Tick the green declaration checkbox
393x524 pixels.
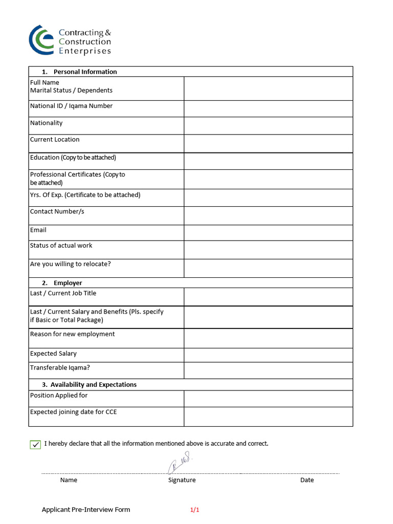click(x=35, y=444)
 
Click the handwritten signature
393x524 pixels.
click(x=179, y=464)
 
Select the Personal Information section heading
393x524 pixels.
click(x=85, y=72)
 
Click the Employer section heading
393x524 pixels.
click(x=68, y=283)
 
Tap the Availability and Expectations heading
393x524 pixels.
click(x=93, y=384)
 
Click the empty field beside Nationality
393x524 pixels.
click(x=268, y=125)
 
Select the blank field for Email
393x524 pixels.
click(x=268, y=233)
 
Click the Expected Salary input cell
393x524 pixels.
click(x=268, y=355)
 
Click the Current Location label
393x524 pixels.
click(x=55, y=139)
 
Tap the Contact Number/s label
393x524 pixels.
click(x=57, y=211)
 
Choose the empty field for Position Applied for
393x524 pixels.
click(x=268, y=399)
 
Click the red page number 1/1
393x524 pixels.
click(x=194, y=510)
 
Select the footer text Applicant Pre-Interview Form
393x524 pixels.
click(x=86, y=510)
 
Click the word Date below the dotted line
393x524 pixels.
click(x=307, y=480)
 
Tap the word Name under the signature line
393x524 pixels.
click(x=69, y=480)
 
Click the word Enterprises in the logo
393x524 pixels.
click(x=85, y=51)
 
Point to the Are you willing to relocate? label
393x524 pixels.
click(x=70, y=264)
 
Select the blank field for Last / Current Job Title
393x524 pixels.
click(x=268, y=297)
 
